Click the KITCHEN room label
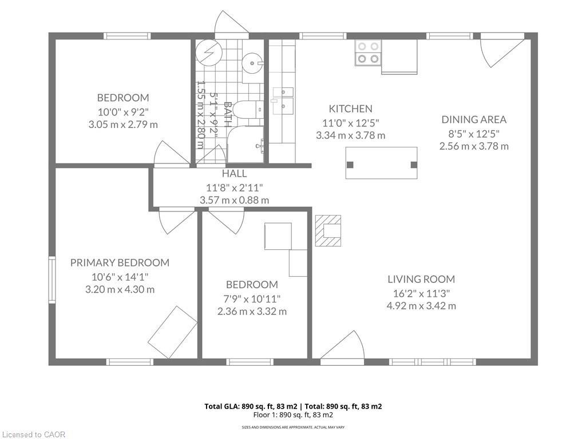pyautogui.click(x=350, y=109)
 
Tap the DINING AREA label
pyautogui.click(x=474, y=119)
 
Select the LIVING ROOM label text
pyautogui.click(x=421, y=279)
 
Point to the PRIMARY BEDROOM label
pyautogui.click(x=120, y=262)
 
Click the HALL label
pyautogui.click(x=234, y=173)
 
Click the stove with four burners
pyautogui.click(x=368, y=53)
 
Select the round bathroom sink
pyautogui.click(x=252, y=62)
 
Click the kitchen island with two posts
pyautogui.click(x=382, y=163)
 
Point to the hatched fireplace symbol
pyautogui.click(x=328, y=230)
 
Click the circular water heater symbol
pyautogui.click(x=207, y=53)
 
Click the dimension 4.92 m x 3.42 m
pyautogui.click(x=421, y=306)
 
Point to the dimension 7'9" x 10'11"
pyautogui.click(x=252, y=298)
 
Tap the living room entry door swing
pyautogui.click(x=344, y=348)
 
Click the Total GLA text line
pyautogui.click(x=293, y=406)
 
